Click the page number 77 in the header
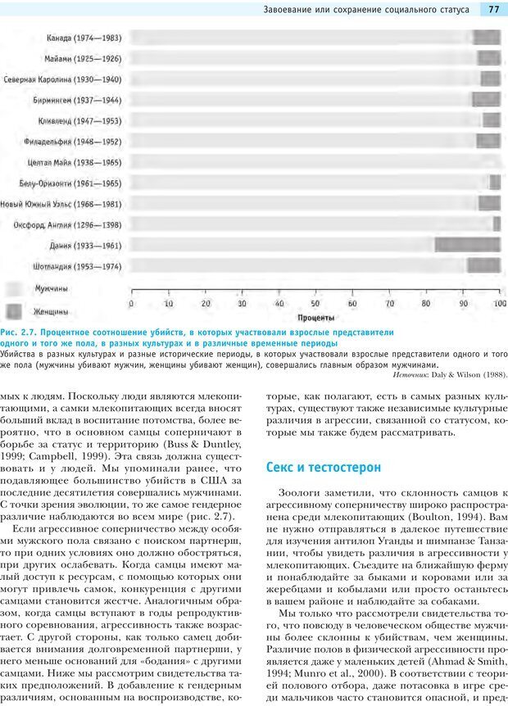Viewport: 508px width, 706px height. pyautogui.click(x=493, y=10)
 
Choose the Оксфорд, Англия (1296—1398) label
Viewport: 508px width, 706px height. pyautogui.click(x=67, y=224)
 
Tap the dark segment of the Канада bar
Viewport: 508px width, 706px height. pyautogui.click(x=487, y=37)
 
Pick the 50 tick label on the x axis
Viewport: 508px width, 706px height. pyautogui.click(x=315, y=303)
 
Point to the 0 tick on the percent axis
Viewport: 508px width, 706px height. pyautogui.click(x=132, y=303)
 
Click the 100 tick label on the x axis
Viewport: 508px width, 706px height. pyautogui.click(x=499, y=303)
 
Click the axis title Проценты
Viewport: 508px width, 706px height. pyautogui.click(x=315, y=316)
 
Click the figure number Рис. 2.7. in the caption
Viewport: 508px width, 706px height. pyautogui.click(x=18, y=333)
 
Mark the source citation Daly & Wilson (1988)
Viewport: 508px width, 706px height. pyautogui.click(x=467, y=374)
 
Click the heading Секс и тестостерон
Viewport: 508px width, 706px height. pyautogui.click(x=324, y=467)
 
